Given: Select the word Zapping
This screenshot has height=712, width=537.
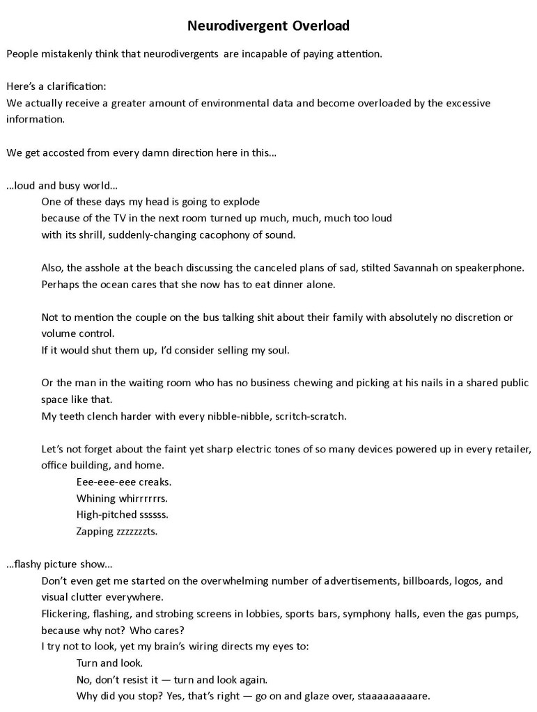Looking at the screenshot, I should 95,532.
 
